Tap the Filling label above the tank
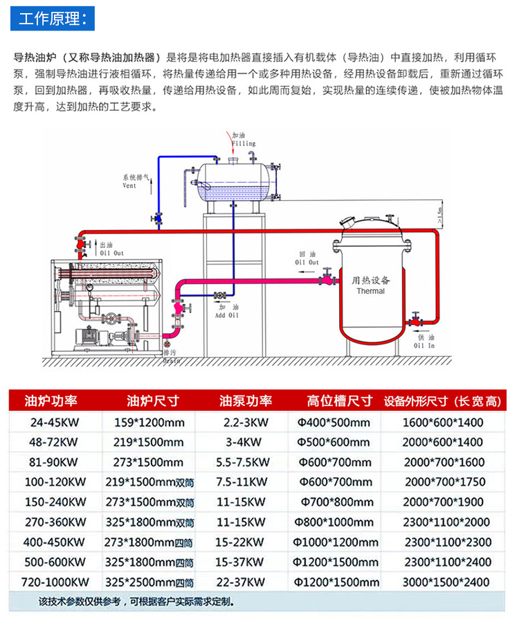coord(243,143)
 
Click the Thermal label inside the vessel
coord(370,291)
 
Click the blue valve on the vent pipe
coord(158,218)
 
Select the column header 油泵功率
coord(245,401)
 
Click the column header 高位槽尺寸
coord(340,401)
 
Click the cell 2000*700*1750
coord(446,482)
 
